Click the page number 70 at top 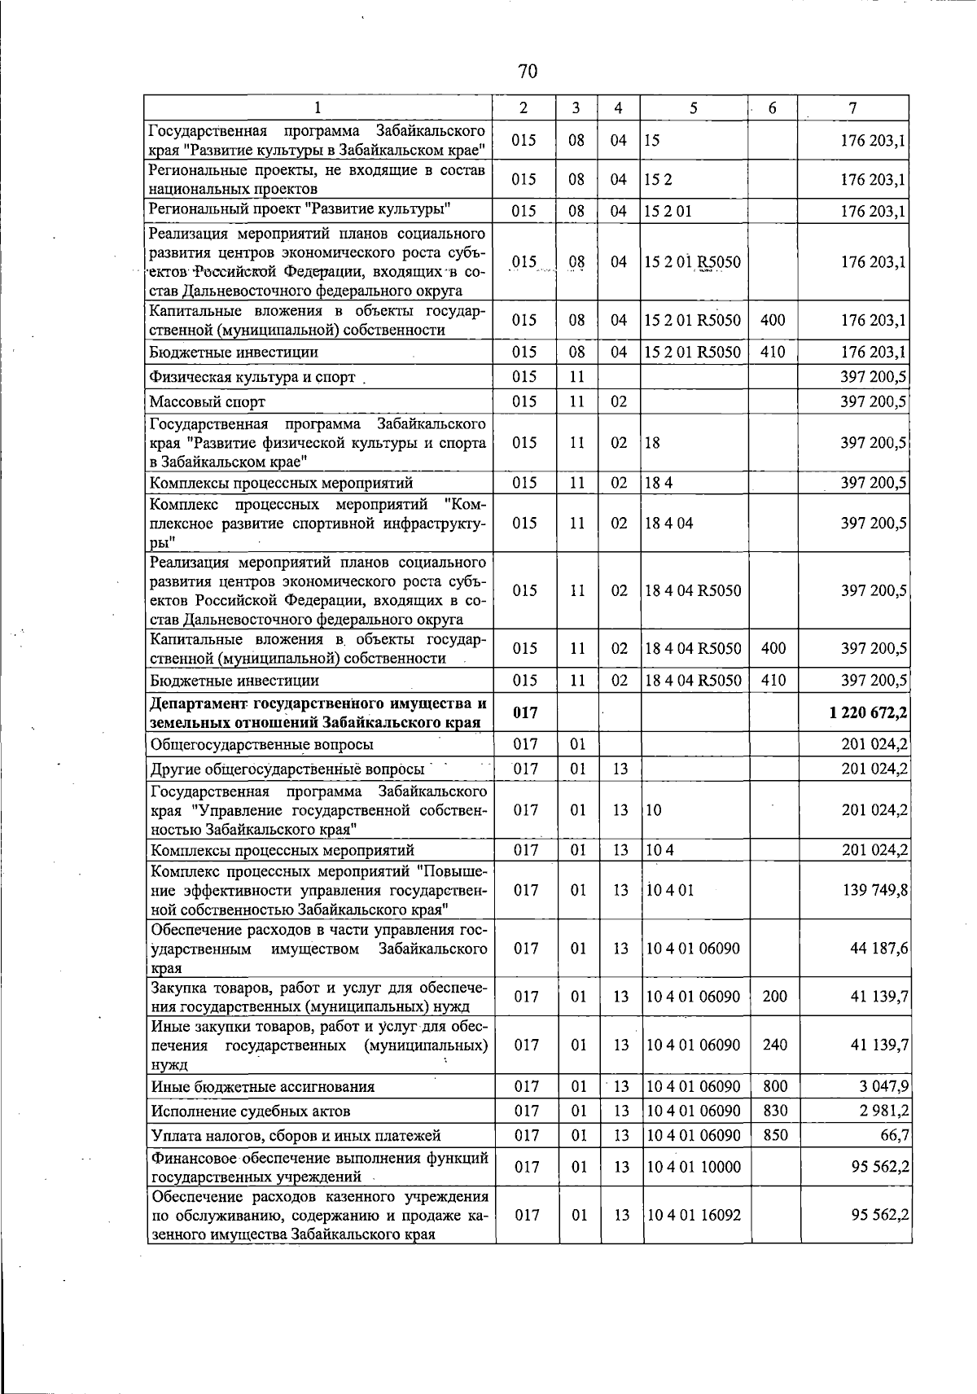[x=527, y=72]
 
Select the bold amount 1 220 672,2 [x=868, y=712]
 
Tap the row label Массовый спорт [x=208, y=401]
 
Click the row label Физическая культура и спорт [x=252, y=377]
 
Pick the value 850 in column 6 [x=774, y=1134]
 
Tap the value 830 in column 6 [x=774, y=1110]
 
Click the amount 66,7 [x=893, y=1134]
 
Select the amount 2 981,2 [x=883, y=1110]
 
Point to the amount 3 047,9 [x=883, y=1085]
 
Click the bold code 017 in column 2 [x=526, y=712]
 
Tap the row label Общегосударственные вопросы [x=262, y=744]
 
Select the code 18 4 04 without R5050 [x=668, y=523]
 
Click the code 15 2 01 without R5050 [x=667, y=211]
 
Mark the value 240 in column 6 [x=774, y=1044]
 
